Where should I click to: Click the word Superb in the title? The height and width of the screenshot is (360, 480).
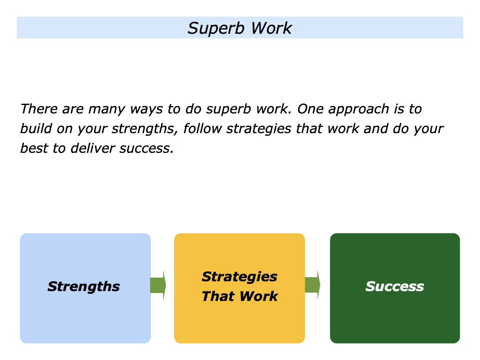(x=217, y=29)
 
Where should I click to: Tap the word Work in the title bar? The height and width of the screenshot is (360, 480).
(x=271, y=28)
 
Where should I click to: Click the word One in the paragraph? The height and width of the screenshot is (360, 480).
(x=310, y=109)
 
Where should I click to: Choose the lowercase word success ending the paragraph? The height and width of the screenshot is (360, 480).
(x=150, y=148)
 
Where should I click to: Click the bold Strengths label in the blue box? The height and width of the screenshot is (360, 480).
(x=83, y=286)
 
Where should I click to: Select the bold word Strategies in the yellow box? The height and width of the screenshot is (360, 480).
(x=239, y=277)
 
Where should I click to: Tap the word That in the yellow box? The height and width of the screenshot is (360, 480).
(x=216, y=296)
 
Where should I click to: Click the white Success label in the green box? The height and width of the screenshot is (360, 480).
(x=394, y=286)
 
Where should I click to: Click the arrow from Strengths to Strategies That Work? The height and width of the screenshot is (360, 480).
(x=158, y=285)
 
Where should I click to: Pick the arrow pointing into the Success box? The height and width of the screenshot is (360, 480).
(x=313, y=285)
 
